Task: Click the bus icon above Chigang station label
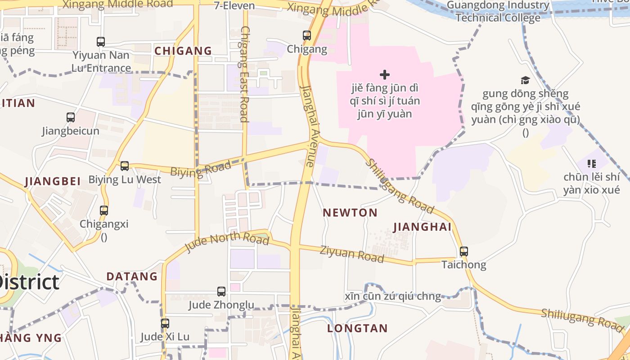(x=306, y=35)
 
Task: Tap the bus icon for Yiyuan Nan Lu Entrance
(x=101, y=42)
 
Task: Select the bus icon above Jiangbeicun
(x=71, y=117)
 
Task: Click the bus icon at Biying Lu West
(x=125, y=166)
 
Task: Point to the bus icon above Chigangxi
(x=104, y=210)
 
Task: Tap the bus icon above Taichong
(x=464, y=252)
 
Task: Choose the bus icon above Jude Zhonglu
(x=221, y=292)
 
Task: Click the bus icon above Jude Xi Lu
(x=165, y=323)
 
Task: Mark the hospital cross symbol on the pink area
(x=384, y=74)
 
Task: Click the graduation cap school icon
(x=525, y=81)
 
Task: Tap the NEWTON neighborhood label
(x=350, y=213)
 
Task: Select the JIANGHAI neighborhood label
(x=422, y=227)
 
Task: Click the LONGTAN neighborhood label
(x=357, y=328)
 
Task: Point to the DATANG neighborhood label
(x=132, y=276)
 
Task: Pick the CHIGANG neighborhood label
(x=183, y=51)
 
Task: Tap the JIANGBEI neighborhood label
(x=53, y=181)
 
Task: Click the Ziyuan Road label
(x=352, y=254)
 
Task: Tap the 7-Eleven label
(x=234, y=6)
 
